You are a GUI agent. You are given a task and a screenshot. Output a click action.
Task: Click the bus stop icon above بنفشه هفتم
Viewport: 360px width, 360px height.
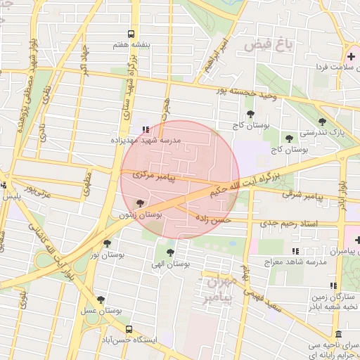tap(131, 34)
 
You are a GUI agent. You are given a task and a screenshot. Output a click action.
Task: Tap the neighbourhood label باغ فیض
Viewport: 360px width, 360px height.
tap(268, 46)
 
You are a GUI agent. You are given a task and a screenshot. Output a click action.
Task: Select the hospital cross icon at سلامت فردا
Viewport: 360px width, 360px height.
tap(351, 56)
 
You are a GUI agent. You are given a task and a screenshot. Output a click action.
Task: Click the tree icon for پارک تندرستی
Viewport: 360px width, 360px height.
tap(323, 122)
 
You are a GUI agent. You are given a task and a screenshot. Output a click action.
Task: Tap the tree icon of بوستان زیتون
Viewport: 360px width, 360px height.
tap(141, 205)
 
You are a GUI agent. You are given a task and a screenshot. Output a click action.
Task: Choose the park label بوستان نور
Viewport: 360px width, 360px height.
tap(112, 255)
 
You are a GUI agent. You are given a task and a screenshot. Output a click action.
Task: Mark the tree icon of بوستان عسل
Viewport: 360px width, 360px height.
tap(101, 300)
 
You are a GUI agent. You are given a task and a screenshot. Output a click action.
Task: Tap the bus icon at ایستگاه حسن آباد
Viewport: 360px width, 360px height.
tap(128, 329)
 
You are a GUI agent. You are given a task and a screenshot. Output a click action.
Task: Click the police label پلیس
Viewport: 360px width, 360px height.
tap(8, 198)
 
